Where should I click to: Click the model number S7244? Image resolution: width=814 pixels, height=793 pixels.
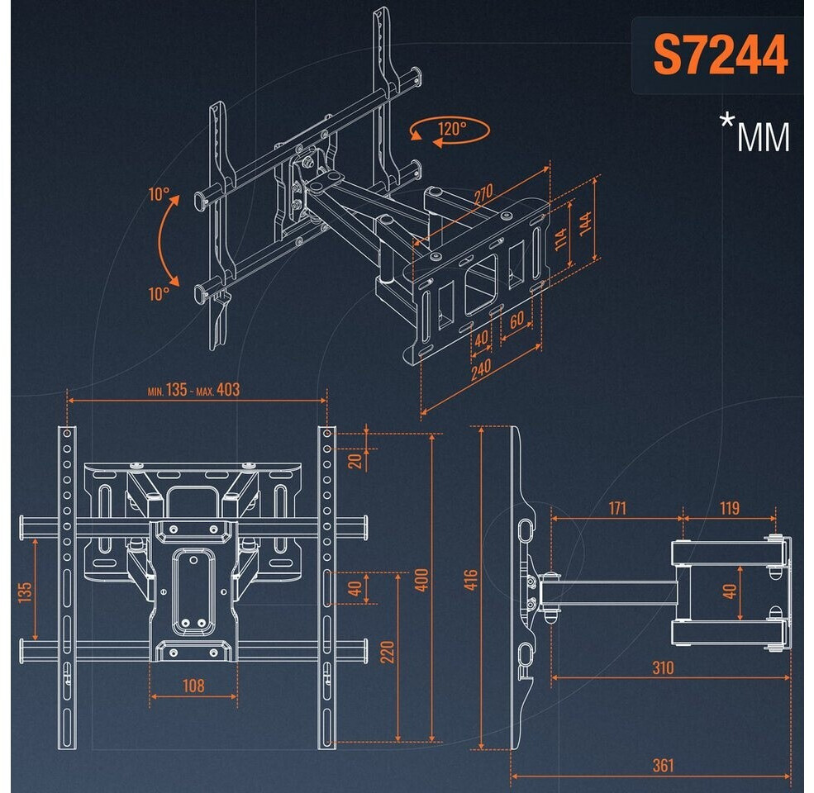tap(720, 56)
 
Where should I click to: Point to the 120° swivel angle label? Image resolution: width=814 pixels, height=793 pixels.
tap(452, 129)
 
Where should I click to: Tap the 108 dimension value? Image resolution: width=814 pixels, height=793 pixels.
tap(193, 685)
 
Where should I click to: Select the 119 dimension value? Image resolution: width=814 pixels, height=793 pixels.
tap(729, 509)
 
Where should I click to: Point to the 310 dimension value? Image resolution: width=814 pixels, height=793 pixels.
tap(663, 667)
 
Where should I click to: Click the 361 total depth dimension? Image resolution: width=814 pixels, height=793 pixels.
tap(663, 766)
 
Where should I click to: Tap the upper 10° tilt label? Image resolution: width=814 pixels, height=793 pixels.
tap(159, 195)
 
